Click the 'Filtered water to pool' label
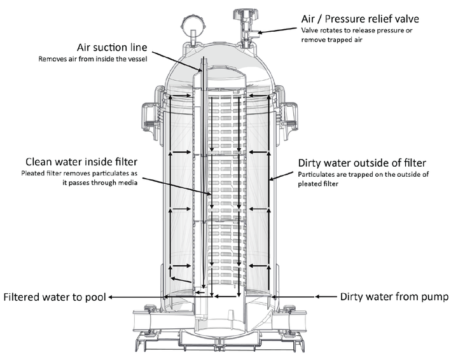(x=54, y=296)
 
